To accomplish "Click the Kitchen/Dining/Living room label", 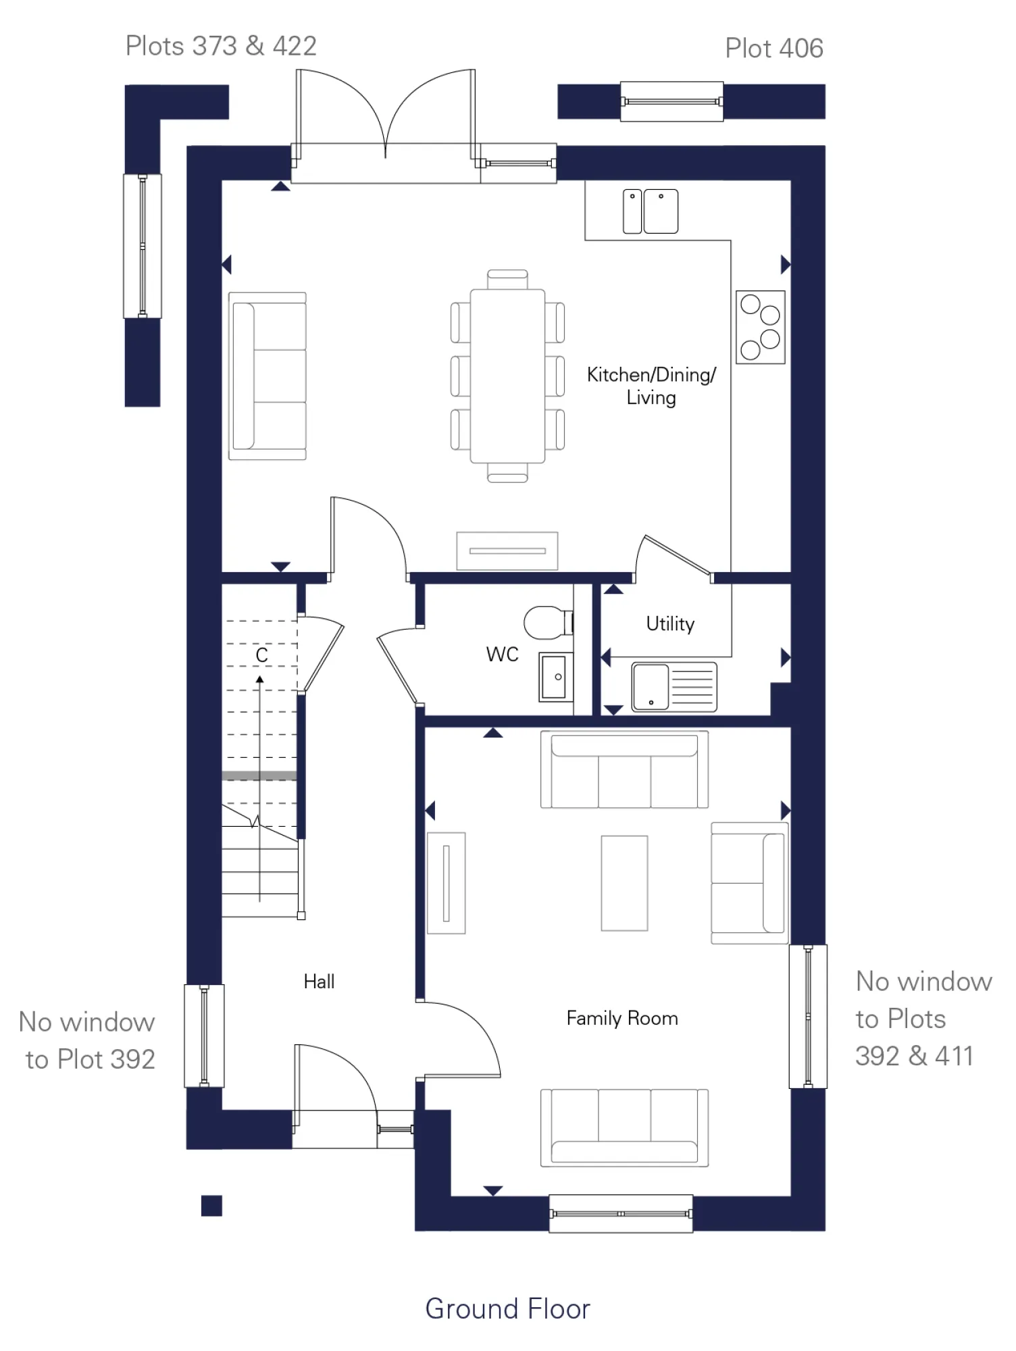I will coord(651,386).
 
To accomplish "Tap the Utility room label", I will coord(669,623).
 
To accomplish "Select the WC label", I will coord(502,654).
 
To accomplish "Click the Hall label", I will coord(319,982).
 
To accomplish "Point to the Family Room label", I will coord(621,1018).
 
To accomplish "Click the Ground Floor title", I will coord(507,1308).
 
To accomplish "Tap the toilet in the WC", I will coord(547,622).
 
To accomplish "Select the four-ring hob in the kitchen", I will coord(760,328).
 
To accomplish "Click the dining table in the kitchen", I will coord(507,376).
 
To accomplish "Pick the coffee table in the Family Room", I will coord(624,883).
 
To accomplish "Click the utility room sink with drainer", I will coord(674,687).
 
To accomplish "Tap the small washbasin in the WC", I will coord(555,677).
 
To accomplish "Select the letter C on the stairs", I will coord(262,655).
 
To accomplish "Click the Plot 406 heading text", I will coord(773,49).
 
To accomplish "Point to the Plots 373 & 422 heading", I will coord(221,46).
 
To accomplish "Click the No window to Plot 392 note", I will coord(88,1040).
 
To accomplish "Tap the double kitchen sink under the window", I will coord(650,211).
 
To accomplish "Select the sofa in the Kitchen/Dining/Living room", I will coord(268,376).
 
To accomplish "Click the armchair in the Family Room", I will coord(749,883).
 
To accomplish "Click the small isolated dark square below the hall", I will coord(211,1206).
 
